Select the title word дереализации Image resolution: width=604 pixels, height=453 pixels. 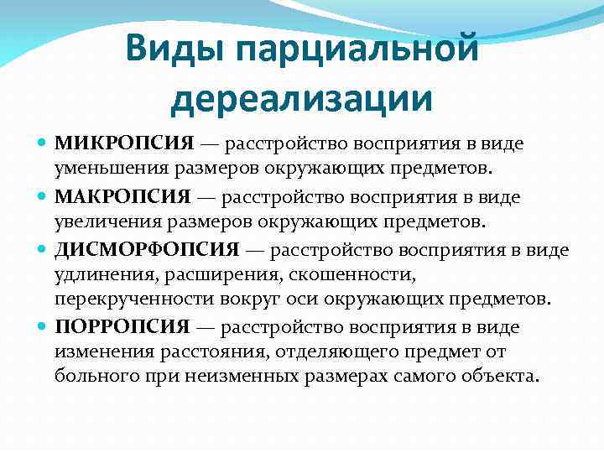pos(302,98)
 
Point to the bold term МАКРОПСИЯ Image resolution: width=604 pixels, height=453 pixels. pos(122,197)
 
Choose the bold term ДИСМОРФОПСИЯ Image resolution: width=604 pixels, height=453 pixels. pos(147,251)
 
